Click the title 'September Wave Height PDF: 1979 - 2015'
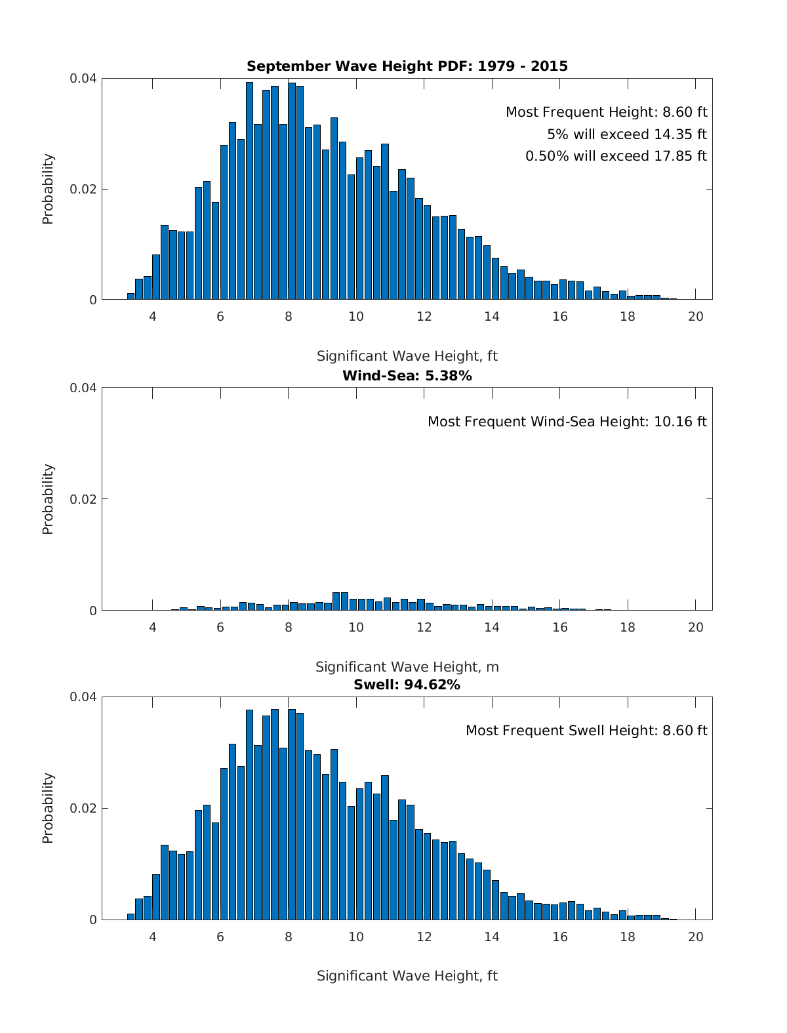coord(407,66)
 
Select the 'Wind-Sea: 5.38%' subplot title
coord(407,376)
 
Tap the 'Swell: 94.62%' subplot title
coord(407,685)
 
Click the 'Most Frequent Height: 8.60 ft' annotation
coord(606,112)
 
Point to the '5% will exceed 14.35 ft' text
coord(627,134)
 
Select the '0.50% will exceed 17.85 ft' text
coord(616,156)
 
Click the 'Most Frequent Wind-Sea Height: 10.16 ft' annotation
coord(567,422)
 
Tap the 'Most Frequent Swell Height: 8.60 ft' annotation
coord(586,731)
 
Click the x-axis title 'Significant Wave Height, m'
coord(407,667)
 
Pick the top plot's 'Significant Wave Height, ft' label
coord(407,356)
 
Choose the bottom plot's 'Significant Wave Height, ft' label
coord(407,976)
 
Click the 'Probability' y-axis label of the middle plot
coord(48,499)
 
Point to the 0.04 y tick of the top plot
coord(83,79)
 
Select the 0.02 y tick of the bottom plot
coord(83,809)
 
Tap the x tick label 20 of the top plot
coord(695,317)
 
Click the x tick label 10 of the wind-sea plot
coord(356,628)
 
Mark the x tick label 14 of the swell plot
coord(492,937)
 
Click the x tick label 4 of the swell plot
coord(153,937)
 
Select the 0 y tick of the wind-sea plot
coord(92,611)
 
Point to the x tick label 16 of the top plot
coord(559,317)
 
